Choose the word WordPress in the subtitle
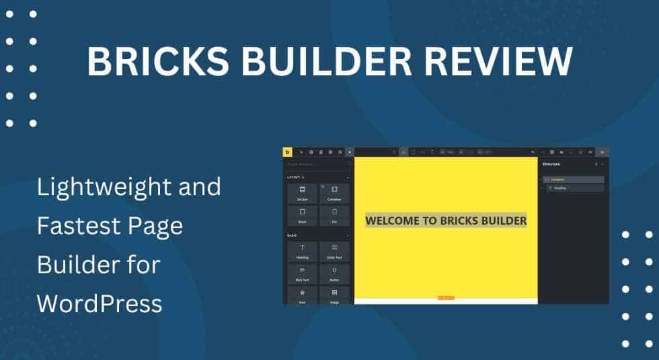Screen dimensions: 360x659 click(x=100, y=303)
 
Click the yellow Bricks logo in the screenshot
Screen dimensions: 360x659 click(x=288, y=152)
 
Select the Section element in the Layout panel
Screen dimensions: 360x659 click(x=303, y=193)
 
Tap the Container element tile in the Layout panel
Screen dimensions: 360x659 click(x=334, y=193)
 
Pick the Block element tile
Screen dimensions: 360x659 click(x=303, y=215)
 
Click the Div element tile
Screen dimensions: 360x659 click(x=334, y=215)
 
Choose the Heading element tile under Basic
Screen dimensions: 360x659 click(x=303, y=251)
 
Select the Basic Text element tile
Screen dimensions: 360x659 click(x=334, y=251)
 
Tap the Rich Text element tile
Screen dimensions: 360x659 click(x=303, y=273)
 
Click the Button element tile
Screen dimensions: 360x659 click(x=334, y=273)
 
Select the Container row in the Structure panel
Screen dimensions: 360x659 click(x=573, y=180)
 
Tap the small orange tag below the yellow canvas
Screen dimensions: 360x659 click(x=446, y=297)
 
